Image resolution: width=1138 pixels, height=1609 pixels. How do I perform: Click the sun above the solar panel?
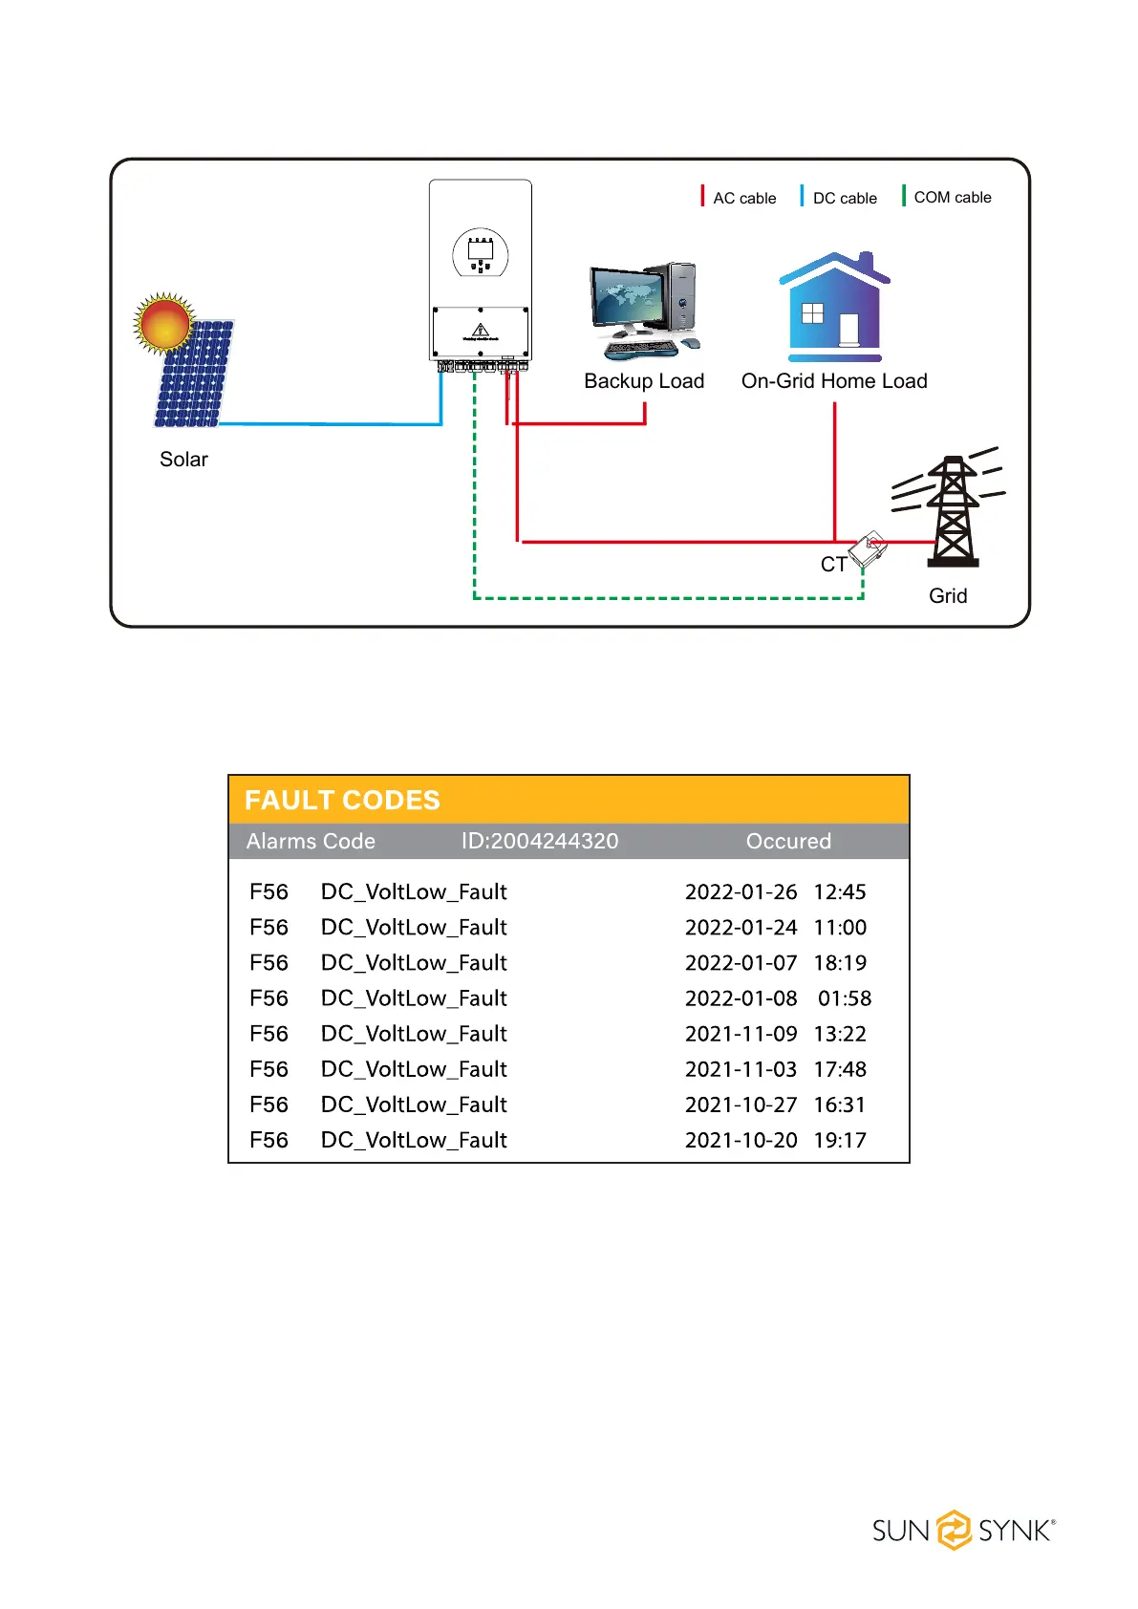164,323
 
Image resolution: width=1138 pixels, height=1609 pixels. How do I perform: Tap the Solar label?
183,460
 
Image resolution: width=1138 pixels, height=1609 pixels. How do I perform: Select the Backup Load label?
644,381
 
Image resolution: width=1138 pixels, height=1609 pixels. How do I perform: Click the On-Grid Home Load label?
834,381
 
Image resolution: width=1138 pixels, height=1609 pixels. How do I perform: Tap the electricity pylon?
953,511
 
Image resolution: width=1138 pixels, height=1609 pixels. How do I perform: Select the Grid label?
948,596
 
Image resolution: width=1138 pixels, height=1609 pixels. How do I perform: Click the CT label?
833,565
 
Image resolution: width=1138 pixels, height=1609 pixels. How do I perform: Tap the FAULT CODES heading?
342,801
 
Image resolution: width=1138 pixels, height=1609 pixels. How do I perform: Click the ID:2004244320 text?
540,841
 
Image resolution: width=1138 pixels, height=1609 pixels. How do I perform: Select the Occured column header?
788,841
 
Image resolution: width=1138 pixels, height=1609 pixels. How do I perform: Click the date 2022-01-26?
741,892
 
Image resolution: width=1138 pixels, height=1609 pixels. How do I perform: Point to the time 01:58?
845,998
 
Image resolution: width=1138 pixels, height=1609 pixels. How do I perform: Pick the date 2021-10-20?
741,1141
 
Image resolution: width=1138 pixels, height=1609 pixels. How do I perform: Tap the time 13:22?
840,1034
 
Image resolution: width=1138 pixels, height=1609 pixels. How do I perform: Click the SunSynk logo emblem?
954,1530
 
